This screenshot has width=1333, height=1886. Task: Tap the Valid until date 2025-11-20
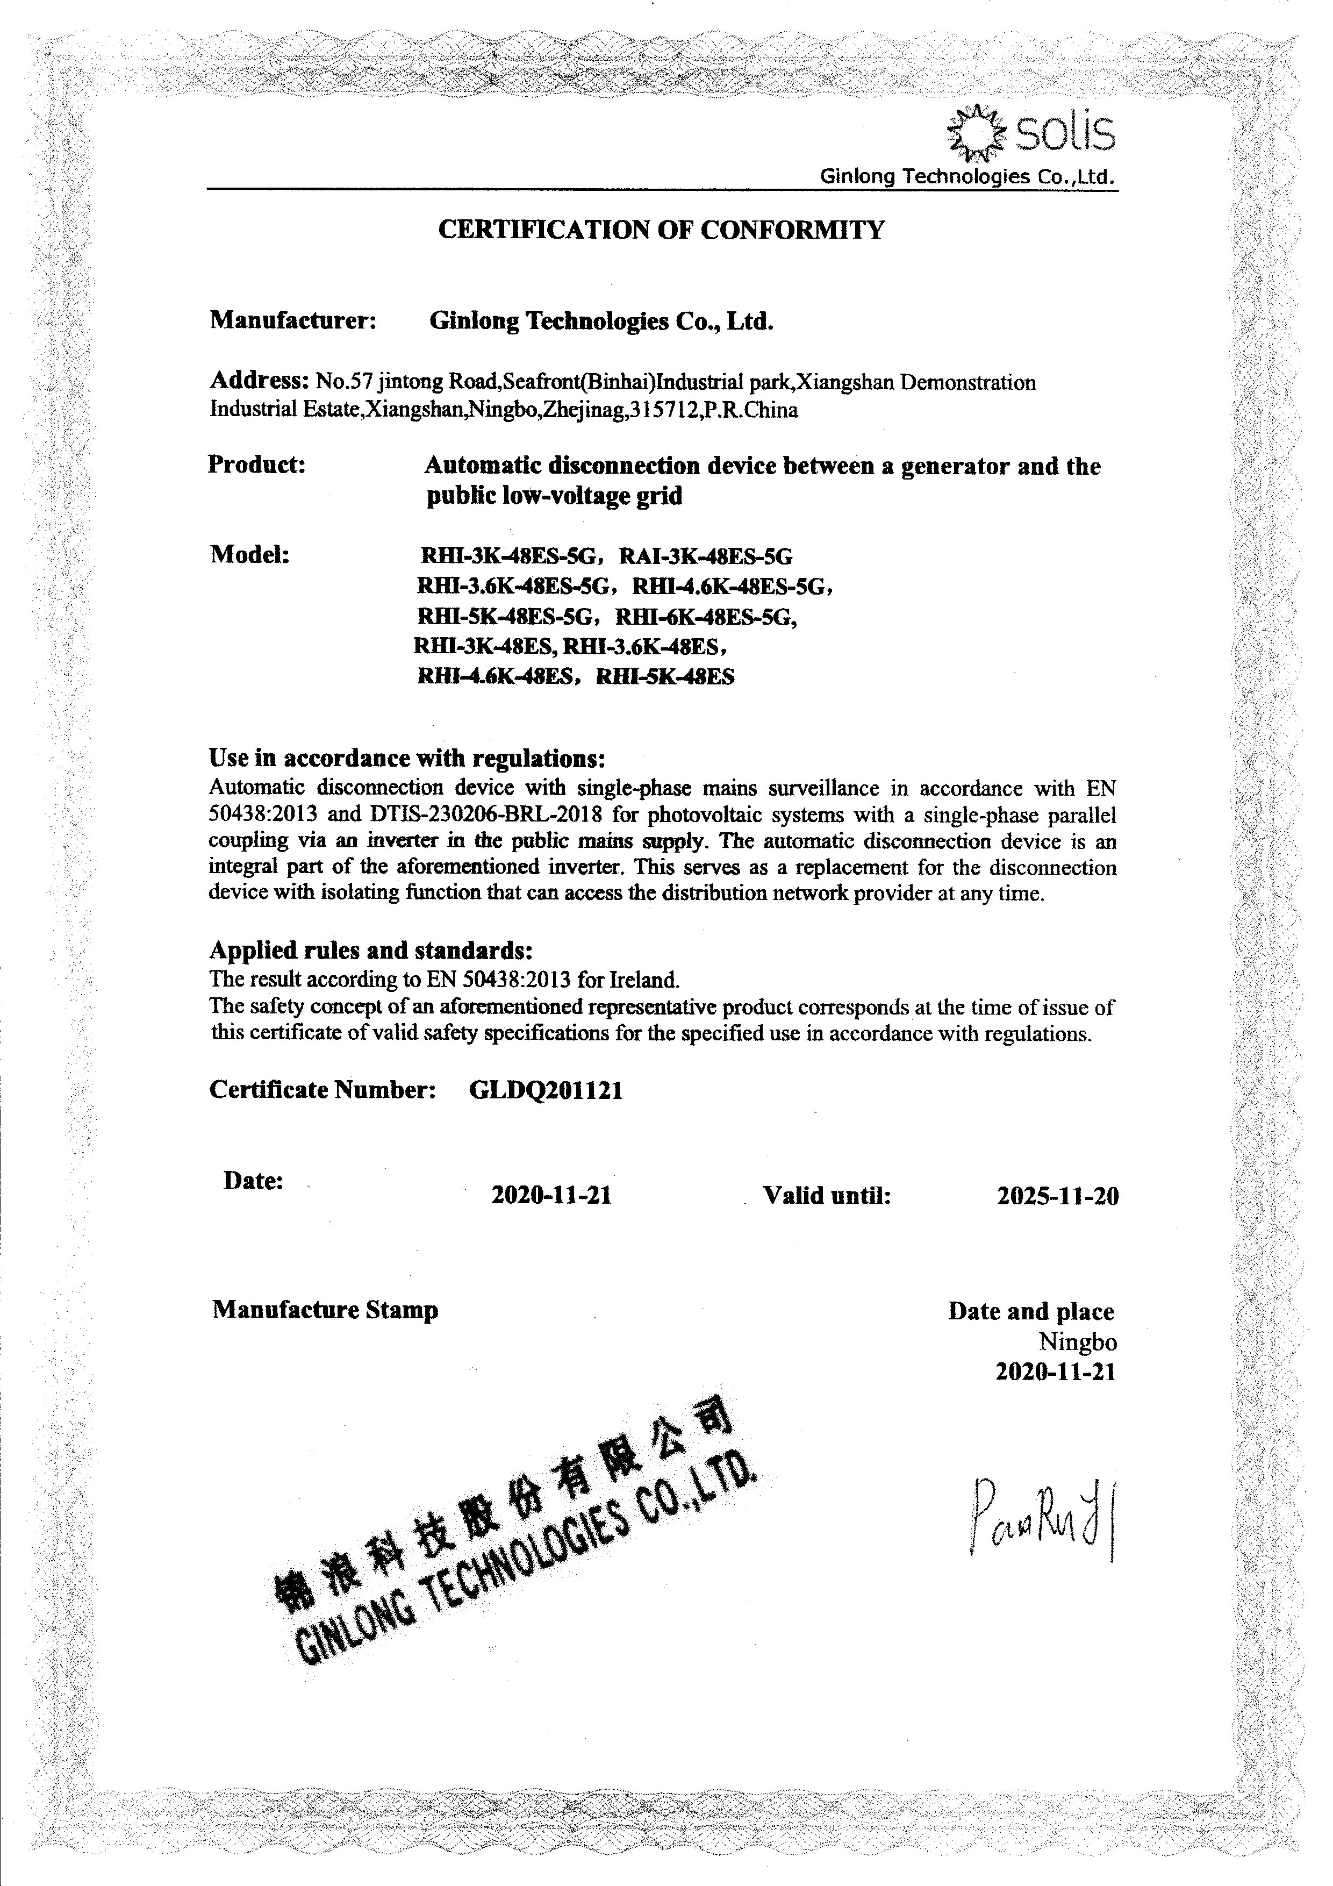coord(1058,1196)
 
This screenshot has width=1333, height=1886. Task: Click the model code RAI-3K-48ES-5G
coord(706,557)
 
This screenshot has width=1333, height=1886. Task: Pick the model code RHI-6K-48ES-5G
coord(706,617)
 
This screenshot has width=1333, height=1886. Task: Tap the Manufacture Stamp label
coord(325,1310)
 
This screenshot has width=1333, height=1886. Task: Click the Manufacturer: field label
coord(293,320)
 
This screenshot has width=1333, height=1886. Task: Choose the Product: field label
coord(257,465)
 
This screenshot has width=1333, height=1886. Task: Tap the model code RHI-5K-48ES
coord(665,677)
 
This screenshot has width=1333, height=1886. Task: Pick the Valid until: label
coord(827,1195)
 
